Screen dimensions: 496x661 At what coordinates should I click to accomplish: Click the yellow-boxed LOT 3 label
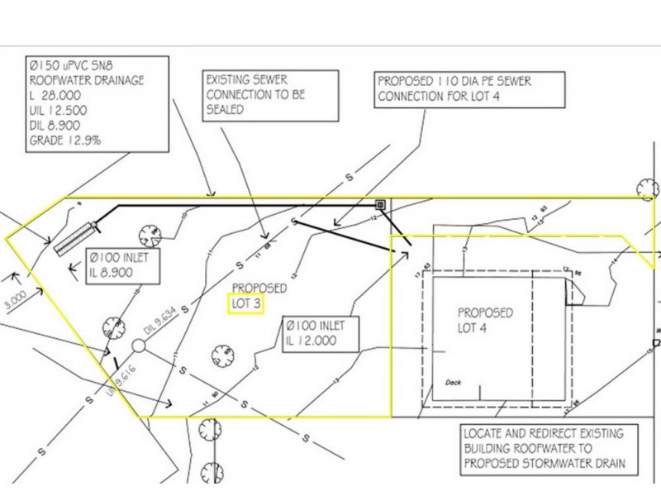point(245,304)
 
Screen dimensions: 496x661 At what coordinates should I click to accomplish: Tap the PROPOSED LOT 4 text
point(485,321)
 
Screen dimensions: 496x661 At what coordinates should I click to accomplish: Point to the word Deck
point(452,383)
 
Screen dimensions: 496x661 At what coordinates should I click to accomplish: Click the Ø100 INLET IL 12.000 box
point(315,332)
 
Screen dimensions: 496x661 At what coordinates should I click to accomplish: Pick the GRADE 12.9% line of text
point(65,141)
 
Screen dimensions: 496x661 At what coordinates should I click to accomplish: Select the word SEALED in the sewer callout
point(226,110)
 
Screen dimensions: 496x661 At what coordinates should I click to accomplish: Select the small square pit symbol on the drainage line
point(381,203)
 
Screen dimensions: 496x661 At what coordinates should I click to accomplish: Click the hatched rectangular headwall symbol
point(75,237)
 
